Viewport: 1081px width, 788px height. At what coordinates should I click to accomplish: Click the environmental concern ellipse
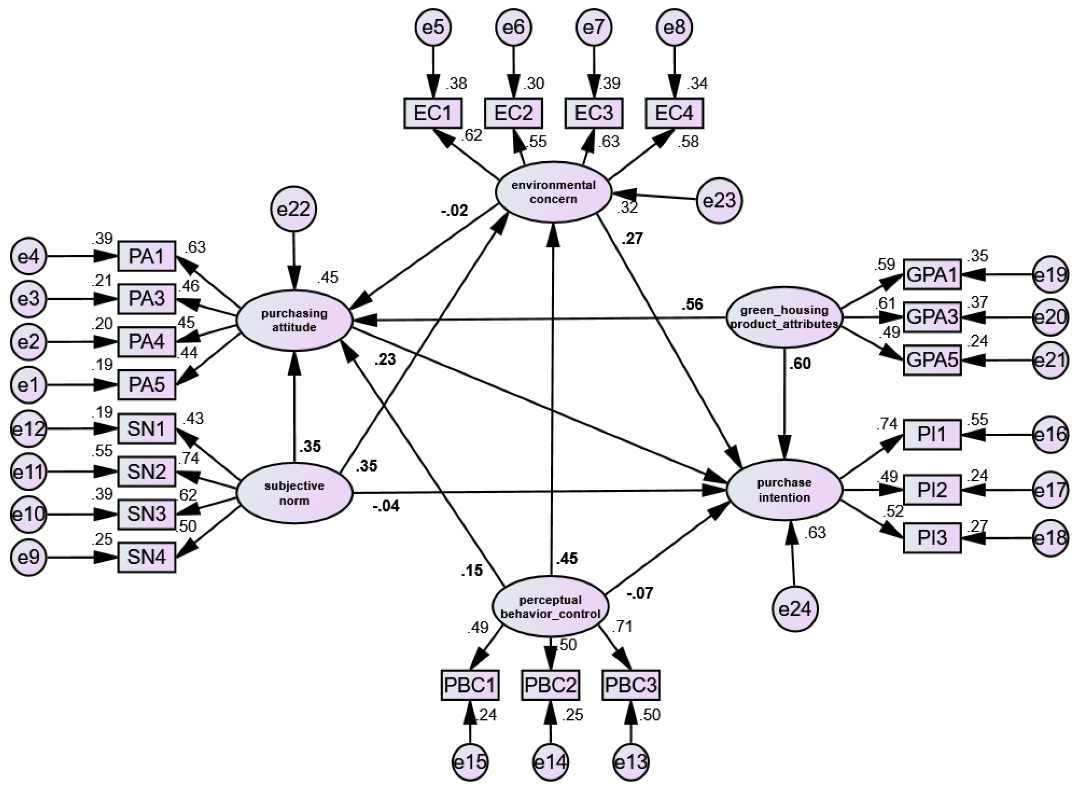click(553, 192)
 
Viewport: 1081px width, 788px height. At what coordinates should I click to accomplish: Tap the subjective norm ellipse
click(294, 493)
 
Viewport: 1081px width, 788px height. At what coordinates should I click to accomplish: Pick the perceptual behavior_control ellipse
click(550, 606)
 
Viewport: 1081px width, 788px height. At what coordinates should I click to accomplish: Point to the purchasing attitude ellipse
click(294, 320)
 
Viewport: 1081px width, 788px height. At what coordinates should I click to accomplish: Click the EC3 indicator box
click(594, 113)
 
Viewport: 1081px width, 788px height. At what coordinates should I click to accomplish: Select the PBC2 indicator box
click(550, 686)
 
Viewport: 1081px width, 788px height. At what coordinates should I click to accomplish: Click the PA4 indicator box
click(147, 342)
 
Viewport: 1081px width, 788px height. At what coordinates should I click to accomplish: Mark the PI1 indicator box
click(932, 435)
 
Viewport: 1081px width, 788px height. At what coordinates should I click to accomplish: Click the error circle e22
click(294, 209)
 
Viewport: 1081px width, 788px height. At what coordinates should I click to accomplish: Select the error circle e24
click(795, 610)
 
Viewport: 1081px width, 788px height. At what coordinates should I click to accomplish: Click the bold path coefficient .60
click(799, 364)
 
